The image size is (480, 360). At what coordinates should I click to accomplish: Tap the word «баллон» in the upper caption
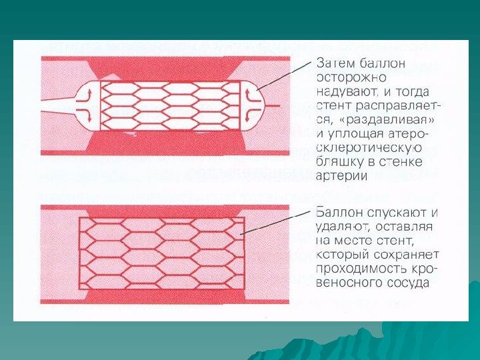[383, 64]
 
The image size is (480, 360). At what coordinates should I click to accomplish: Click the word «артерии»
[341, 175]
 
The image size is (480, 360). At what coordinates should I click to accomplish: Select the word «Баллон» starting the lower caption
[340, 213]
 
